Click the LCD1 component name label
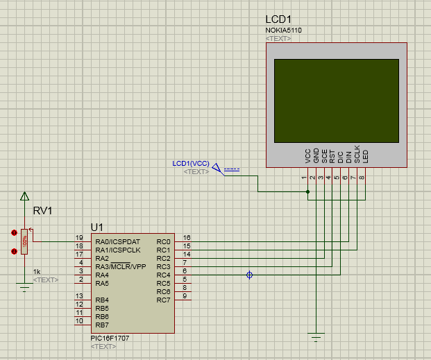point(278,19)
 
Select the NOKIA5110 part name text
point(283,31)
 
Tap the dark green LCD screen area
point(337,101)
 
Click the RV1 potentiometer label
point(42,211)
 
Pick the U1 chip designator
point(97,228)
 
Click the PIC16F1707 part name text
point(110,338)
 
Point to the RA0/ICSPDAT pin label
point(118,242)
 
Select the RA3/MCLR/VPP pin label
point(121,266)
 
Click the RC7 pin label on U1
point(163,300)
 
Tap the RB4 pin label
point(102,300)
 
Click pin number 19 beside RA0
point(79,238)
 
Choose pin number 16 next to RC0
point(187,238)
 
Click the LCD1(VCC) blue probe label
point(191,164)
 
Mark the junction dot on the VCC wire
point(308,192)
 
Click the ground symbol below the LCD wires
point(316,338)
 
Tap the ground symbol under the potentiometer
point(24,287)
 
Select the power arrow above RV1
point(25,196)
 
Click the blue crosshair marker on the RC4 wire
point(249,275)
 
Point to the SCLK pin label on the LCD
point(357,154)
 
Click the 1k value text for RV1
point(37,272)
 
